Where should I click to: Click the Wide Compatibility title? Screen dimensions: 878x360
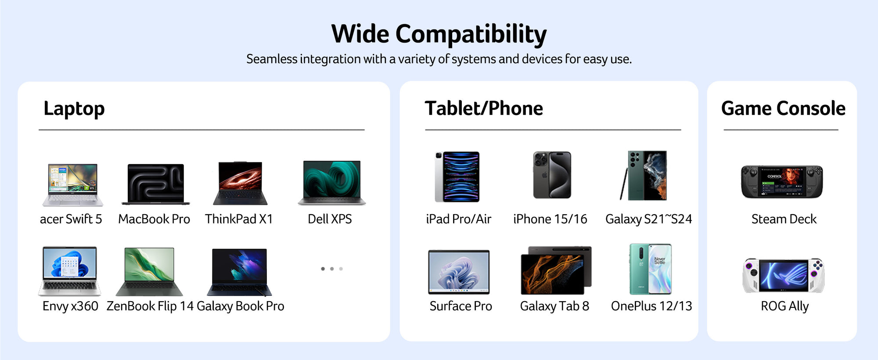(x=439, y=34)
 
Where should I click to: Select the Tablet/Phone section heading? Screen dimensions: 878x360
(x=484, y=108)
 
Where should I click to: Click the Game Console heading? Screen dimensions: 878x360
(x=783, y=108)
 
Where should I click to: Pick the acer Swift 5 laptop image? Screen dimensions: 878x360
(x=72, y=185)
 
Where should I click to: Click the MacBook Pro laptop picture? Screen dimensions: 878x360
(x=155, y=184)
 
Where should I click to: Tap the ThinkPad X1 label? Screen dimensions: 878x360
(x=239, y=219)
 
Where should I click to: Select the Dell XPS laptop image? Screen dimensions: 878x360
(x=332, y=183)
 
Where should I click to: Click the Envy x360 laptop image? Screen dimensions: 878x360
(x=70, y=271)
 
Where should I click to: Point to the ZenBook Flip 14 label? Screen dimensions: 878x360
(x=150, y=306)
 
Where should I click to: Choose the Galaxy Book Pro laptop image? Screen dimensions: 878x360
(x=239, y=272)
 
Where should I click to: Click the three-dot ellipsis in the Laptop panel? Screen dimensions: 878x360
(x=332, y=269)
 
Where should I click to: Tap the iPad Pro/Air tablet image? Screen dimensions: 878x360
(x=457, y=177)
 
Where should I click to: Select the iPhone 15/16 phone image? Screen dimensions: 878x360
(x=552, y=175)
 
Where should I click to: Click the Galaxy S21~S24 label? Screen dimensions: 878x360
(x=648, y=219)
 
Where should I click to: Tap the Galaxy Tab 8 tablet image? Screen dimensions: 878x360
(x=556, y=270)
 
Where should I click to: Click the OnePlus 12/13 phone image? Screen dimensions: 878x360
(x=650, y=269)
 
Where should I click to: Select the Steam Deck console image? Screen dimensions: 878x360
(x=782, y=182)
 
